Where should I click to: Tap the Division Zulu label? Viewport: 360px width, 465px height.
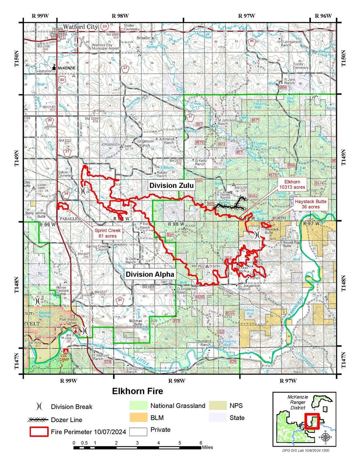click(171, 186)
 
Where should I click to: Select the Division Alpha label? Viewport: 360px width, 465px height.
click(150, 274)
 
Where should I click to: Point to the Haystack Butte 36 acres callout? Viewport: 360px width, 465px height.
click(310, 204)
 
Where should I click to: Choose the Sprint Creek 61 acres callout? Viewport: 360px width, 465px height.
click(108, 233)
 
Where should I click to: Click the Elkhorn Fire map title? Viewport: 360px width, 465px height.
click(137, 391)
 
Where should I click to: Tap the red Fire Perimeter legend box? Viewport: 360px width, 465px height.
click(39, 432)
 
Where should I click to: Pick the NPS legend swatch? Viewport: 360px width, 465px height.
click(217, 406)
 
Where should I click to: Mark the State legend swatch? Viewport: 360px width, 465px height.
click(217, 418)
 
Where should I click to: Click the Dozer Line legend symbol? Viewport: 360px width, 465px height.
click(39, 419)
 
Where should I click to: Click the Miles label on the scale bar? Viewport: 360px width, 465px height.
click(207, 447)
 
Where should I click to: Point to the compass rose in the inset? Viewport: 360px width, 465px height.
click(325, 437)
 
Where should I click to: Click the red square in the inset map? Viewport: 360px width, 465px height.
click(313, 421)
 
